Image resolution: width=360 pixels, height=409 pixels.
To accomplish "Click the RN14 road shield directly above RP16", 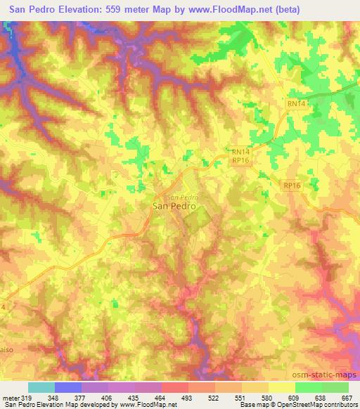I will pyautogui.click(x=241, y=150).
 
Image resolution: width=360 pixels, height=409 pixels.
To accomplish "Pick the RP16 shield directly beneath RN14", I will pyautogui.click(x=241, y=160).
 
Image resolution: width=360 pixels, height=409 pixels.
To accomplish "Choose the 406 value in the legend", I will pyautogui.click(x=105, y=397).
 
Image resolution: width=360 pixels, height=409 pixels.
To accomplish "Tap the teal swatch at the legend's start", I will pyautogui.click(x=41, y=387).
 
